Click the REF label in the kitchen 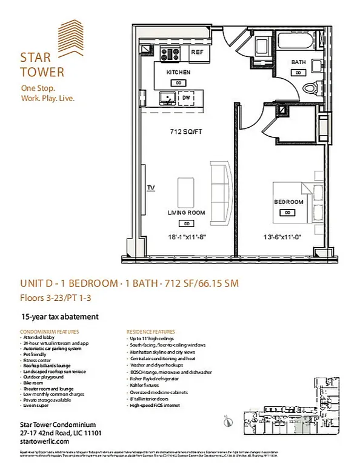click(197, 53)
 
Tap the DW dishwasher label click(187, 97)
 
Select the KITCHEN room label click(178, 72)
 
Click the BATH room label click(298, 62)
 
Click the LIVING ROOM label click(186, 213)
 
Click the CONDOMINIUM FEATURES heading click(50, 332)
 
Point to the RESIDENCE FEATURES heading click(151, 332)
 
